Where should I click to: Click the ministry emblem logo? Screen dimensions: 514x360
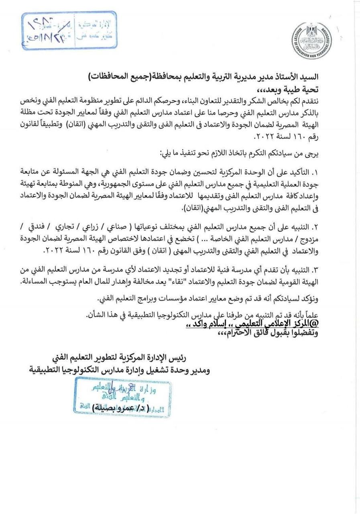pyautogui.click(x=311, y=41)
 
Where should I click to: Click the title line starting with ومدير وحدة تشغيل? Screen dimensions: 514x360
pyautogui.click(x=120, y=369)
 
